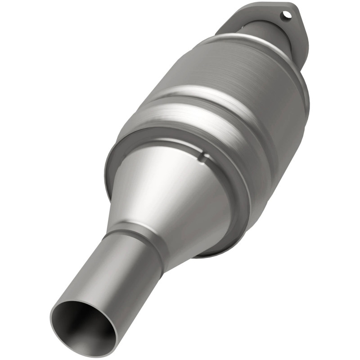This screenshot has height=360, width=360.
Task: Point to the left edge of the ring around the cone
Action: click(x=108, y=171)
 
